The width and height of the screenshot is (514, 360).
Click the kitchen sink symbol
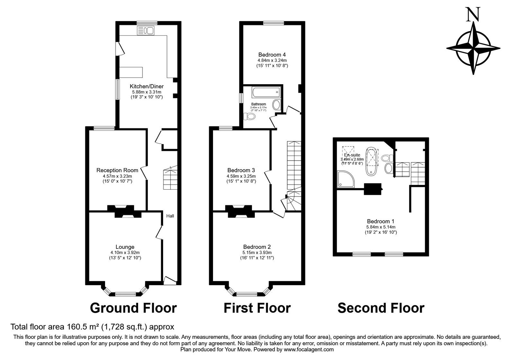pos(146,31)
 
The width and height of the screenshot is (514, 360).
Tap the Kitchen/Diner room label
pos(146,86)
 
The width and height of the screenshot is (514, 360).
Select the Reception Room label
pos(117,170)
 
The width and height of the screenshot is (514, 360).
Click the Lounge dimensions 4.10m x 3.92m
pos(125,253)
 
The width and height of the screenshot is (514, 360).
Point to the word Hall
pos(170,216)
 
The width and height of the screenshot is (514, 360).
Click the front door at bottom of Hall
pos(170,280)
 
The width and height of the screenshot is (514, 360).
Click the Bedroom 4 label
pos(272,55)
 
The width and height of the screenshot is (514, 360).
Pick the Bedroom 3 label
pos(241,170)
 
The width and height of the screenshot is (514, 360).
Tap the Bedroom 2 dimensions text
pos(257,253)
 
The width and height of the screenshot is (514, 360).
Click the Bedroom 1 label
pos(381,221)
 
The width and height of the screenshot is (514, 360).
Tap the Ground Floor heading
pos(133,308)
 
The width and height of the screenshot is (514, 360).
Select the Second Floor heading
pos(381,308)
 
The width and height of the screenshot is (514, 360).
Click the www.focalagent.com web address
pos(309,349)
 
